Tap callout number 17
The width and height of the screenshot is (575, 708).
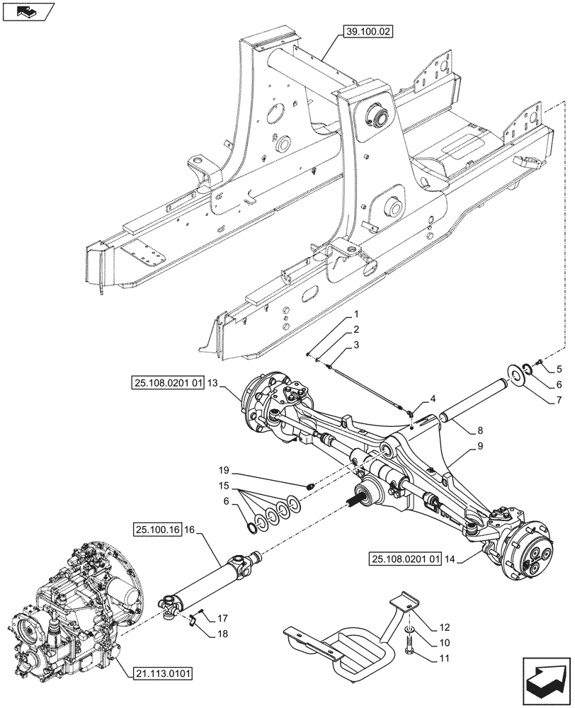pos(222,617)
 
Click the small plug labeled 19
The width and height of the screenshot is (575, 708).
pos(311,486)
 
